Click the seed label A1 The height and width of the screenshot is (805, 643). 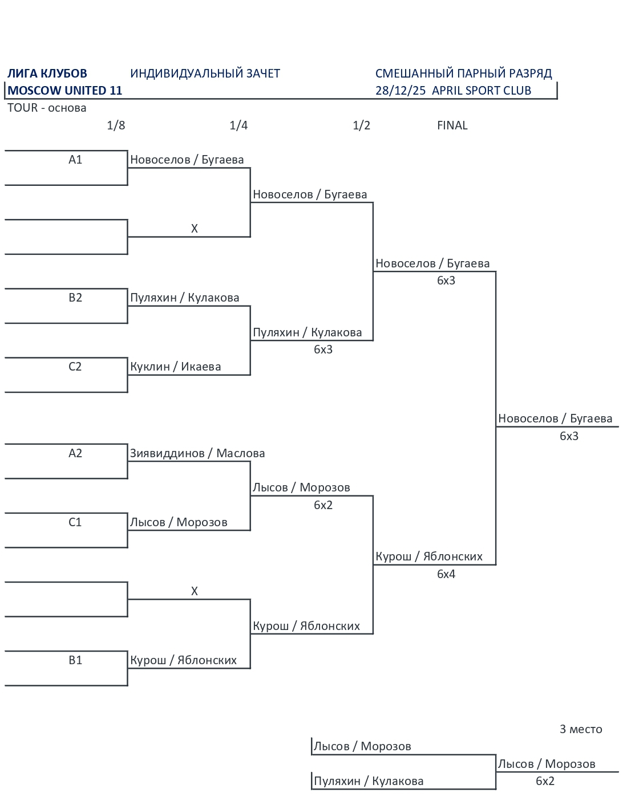(75, 160)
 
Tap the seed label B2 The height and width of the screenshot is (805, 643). (75, 298)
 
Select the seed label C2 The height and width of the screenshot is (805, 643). (75, 367)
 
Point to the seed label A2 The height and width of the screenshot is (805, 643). (75, 453)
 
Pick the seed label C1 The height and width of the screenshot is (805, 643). (75, 522)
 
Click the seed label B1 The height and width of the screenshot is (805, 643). (75, 660)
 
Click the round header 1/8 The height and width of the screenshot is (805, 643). (116, 125)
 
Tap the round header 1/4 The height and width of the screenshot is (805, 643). (238, 125)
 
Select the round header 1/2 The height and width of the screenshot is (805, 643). (361, 125)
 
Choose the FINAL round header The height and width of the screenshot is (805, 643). (452, 125)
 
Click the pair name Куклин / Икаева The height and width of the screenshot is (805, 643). (175, 367)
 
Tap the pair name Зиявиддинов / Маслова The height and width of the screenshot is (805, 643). (197, 453)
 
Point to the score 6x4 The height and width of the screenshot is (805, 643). (446, 574)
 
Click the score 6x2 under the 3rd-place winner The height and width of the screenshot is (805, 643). (545, 781)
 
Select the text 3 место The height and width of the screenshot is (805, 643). (581, 729)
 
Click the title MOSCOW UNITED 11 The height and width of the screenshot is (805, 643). (65, 91)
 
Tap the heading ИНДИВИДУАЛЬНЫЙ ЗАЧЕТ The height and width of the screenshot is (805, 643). (205, 74)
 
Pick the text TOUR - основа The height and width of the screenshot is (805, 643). (47, 108)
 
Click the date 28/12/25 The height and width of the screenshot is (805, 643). (401, 91)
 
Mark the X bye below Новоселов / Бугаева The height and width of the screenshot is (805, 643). (195, 229)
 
